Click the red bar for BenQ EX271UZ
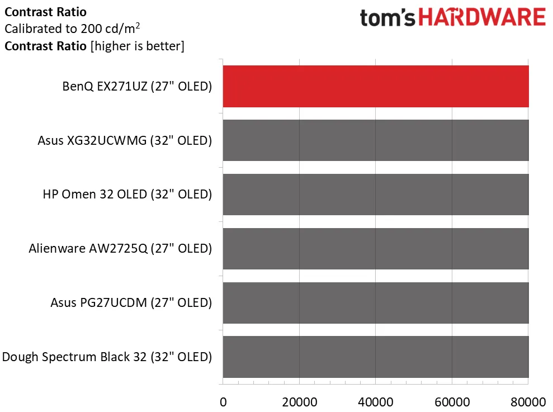tap(376, 86)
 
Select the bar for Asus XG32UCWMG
tap(376, 140)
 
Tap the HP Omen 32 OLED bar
tap(376, 195)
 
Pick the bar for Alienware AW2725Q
tap(376, 249)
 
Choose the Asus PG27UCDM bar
tap(376, 303)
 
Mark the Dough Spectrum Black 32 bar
tap(376, 357)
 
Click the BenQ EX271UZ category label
tap(137, 87)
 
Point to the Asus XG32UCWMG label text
tap(125, 141)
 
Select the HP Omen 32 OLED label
tap(127, 195)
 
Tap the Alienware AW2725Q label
tap(120, 249)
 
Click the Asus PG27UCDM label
tap(131, 303)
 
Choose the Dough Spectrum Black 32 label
tap(107, 357)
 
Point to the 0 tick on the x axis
tap(223, 401)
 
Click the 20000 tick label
tap(300, 401)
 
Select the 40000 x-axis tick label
tap(376, 401)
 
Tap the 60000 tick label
tap(452, 401)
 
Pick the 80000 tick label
tap(528, 401)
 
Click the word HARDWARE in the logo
tap(482, 18)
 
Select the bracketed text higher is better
tap(137, 46)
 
